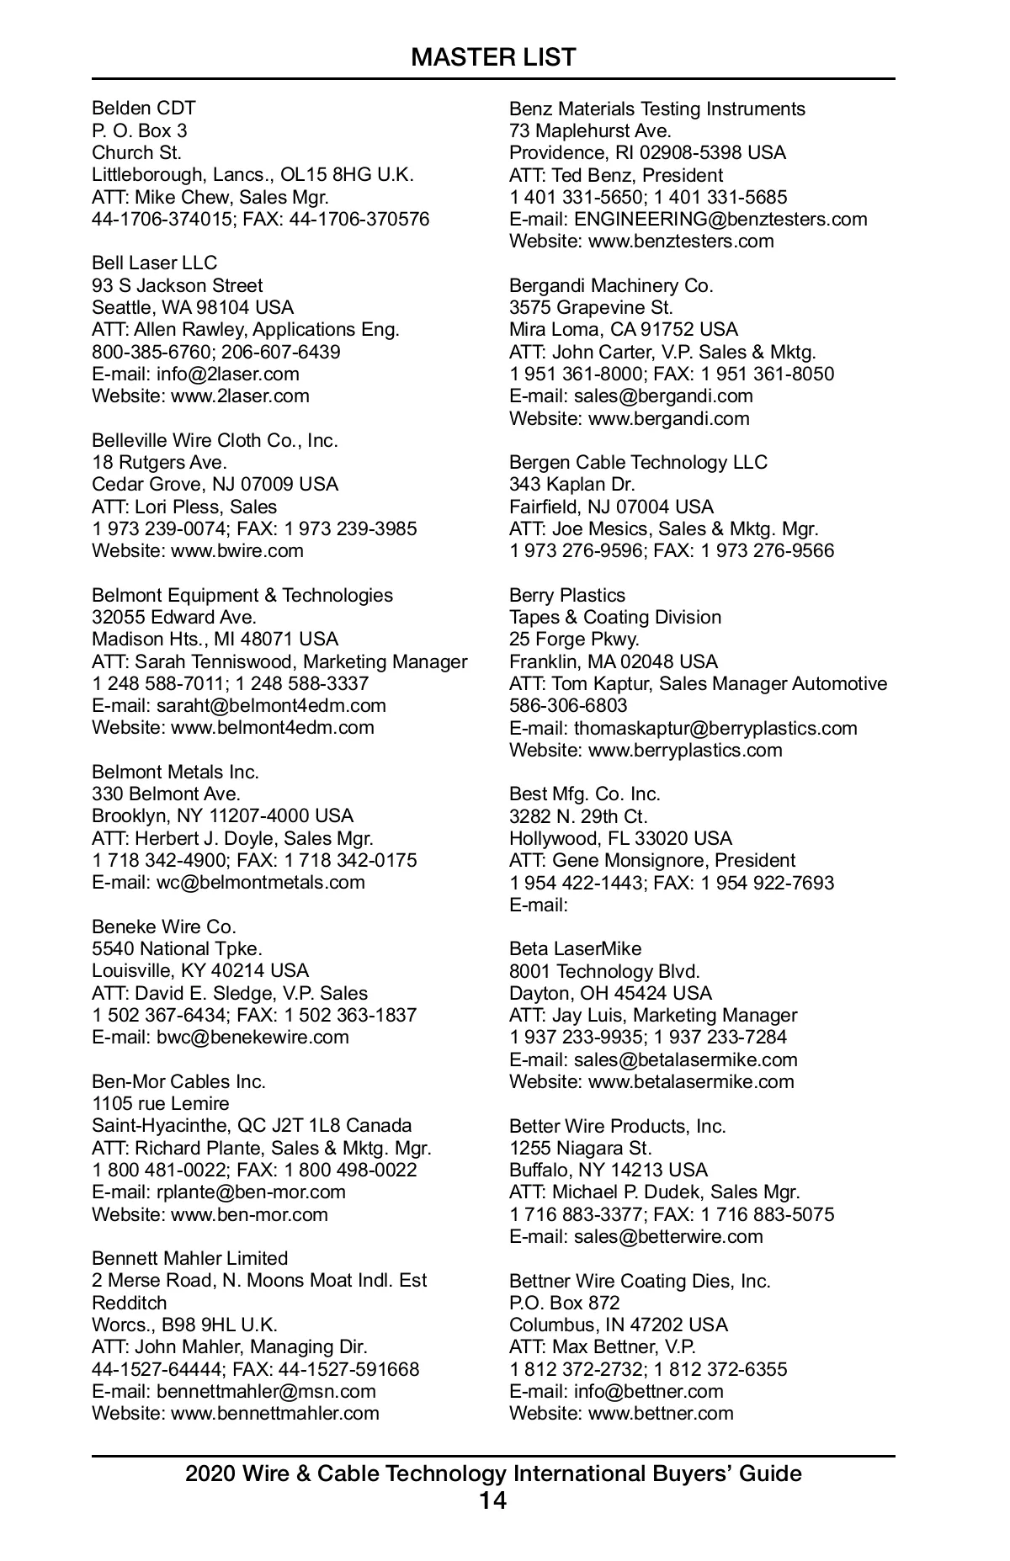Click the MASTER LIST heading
[x=493, y=57]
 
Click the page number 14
[x=493, y=1500]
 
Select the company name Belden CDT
[x=144, y=109]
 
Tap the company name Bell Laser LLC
[x=154, y=263]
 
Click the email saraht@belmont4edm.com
[x=271, y=706]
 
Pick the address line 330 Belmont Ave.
[x=166, y=794]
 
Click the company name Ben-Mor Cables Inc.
[x=178, y=1081]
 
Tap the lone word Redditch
[x=130, y=1303]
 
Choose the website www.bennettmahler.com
[x=274, y=1413]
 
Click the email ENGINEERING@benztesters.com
[x=720, y=220]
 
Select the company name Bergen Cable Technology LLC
[x=638, y=463]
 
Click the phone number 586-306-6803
[x=568, y=706]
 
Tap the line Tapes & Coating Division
[x=615, y=618]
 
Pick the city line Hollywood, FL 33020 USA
[x=620, y=839]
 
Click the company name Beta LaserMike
[x=575, y=949]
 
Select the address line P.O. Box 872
[x=564, y=1303]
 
